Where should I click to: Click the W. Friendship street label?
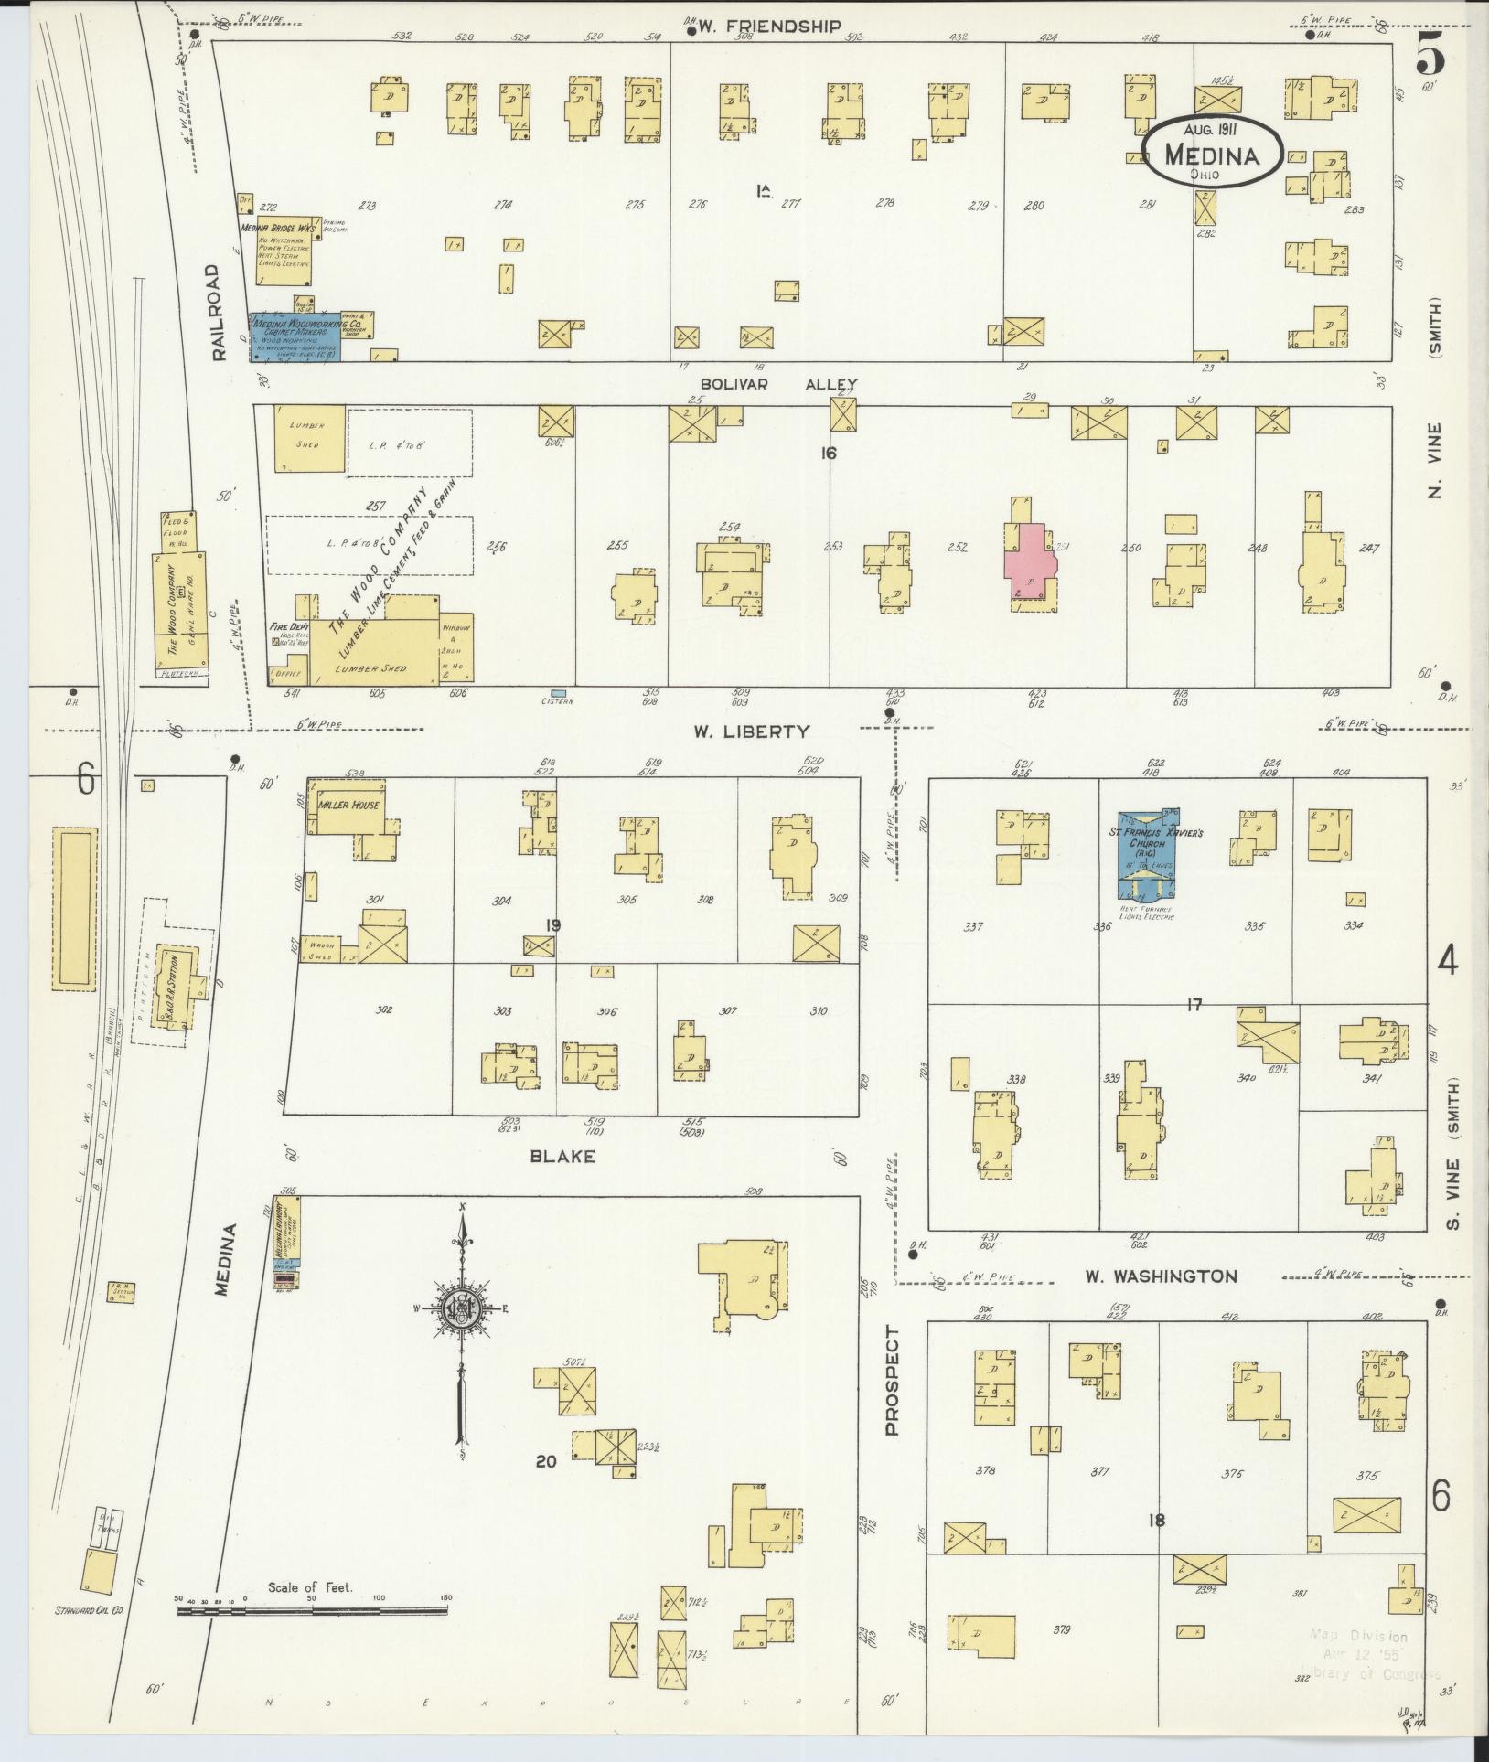[768, 27]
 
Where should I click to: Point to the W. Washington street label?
[1161, 1276]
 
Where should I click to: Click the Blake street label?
[562, 1156]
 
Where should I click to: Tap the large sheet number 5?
[1430, 58]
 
